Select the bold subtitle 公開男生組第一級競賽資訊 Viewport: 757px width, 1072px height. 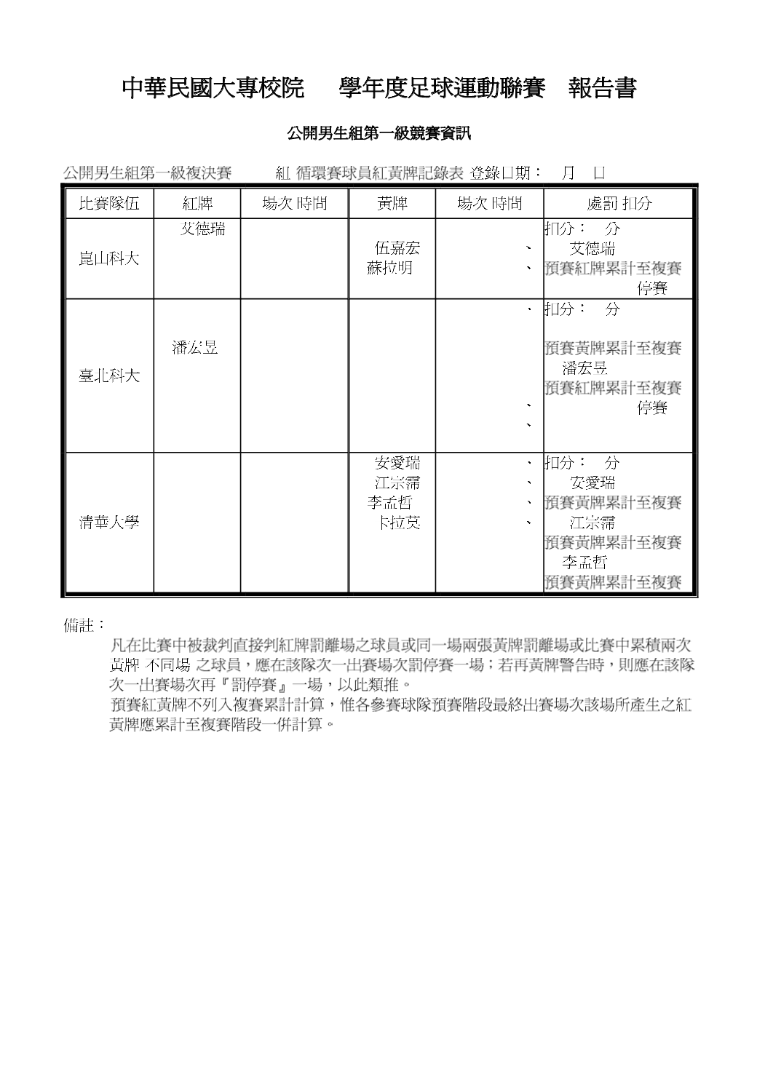pos(379,133)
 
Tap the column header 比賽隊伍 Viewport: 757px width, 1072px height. pos(109,204)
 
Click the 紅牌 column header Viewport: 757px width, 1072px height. pos(197,204)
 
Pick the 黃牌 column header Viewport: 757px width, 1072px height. pos(392,204)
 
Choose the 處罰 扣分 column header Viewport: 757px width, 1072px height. pos(619,204)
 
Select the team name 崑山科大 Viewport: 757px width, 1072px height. pos(109,258)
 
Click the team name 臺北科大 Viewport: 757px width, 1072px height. pos(109,376)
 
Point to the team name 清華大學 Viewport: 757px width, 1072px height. pos(109,523)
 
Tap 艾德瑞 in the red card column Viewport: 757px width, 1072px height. pos(202,229)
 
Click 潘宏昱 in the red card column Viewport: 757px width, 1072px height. pos(195,348)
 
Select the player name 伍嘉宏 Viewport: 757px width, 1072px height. pos(397,248)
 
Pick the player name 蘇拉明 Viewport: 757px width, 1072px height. pos(390,268)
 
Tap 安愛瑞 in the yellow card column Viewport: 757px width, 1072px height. pos(397,463)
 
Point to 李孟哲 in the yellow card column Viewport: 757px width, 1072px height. pos(390,503)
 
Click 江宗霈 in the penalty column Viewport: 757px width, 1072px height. pos(592,523)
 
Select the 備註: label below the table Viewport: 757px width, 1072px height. pos(84,625)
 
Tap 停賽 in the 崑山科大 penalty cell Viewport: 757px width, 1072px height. pos(652,288)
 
